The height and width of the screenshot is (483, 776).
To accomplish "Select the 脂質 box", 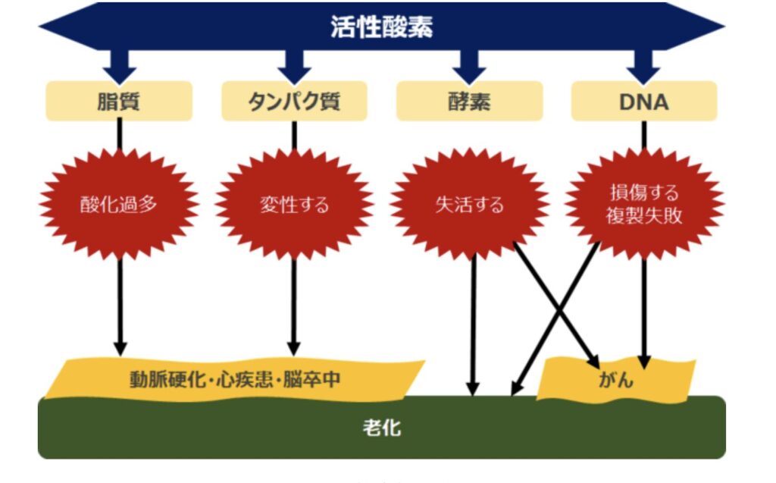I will click(x=119, y=101).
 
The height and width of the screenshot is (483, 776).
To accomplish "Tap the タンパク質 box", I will click(x=294, y=101).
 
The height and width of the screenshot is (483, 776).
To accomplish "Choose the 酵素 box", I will click(x=469, y=101).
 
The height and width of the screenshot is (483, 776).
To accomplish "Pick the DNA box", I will click(x=643, y=101).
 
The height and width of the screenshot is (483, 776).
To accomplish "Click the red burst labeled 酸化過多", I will click(x=119, y=205).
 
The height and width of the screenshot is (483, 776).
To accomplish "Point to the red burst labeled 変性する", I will click(x=294, y=205).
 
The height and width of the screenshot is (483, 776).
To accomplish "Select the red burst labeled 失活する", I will click(x=469, y=205).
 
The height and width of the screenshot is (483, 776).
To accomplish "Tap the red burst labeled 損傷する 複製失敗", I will click(x=643, y=203).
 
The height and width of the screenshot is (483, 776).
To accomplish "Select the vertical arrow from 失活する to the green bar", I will click(x=473, y=326).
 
